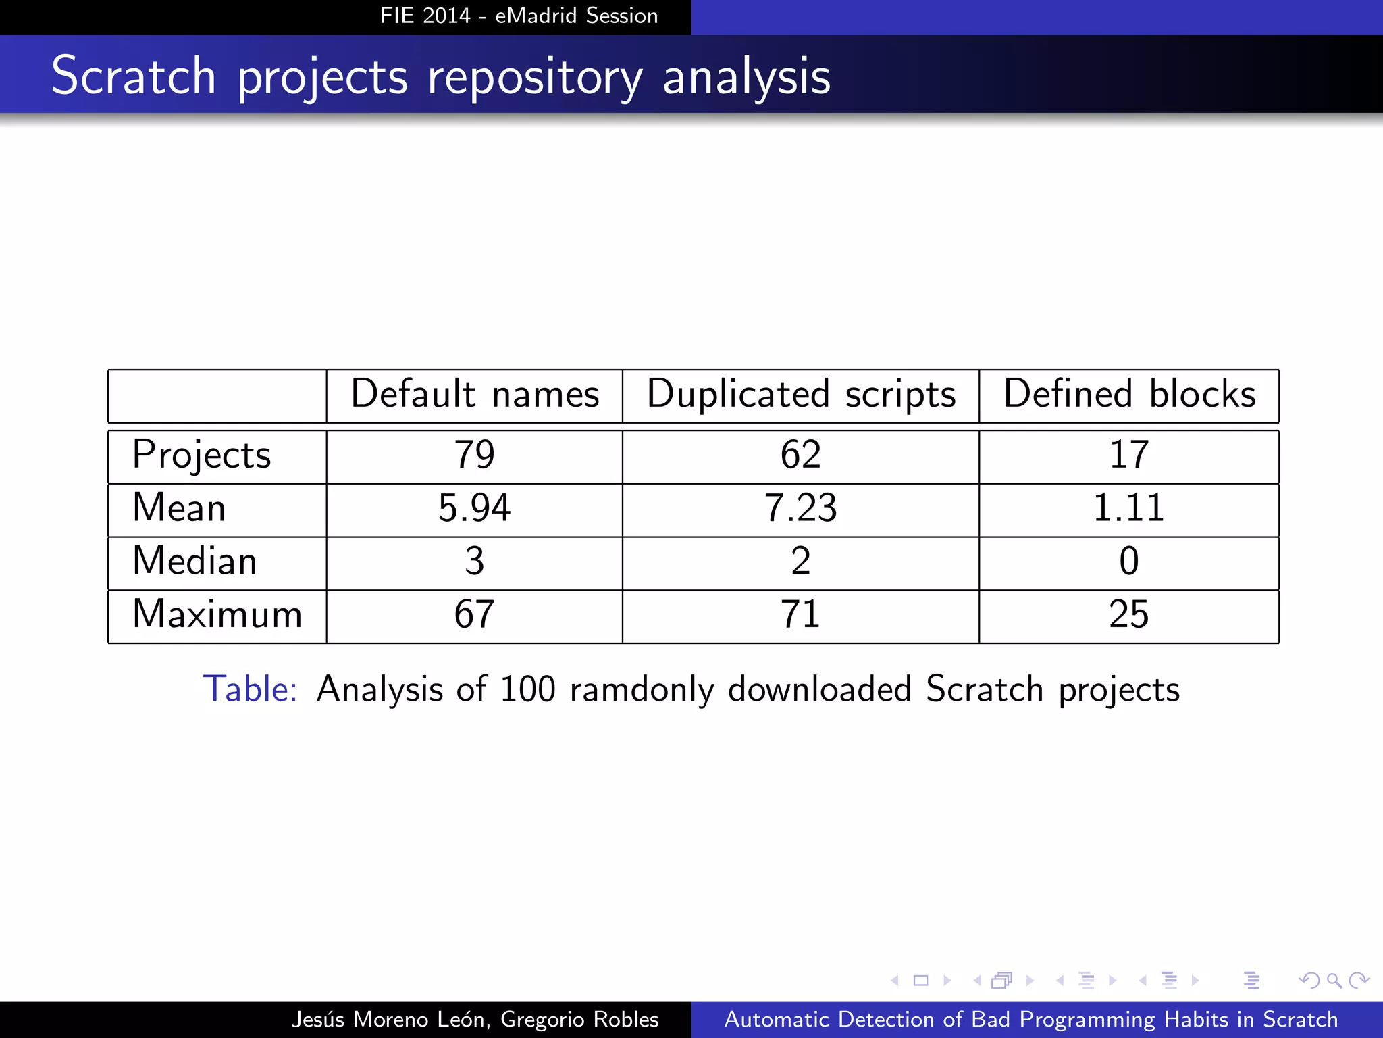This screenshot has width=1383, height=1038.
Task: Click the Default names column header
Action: click(475, 394)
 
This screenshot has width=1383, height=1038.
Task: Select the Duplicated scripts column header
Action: click(801, 394)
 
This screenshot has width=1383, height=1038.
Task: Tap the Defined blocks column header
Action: click(1129, 394)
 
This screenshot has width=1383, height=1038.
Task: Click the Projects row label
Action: click(201, 455)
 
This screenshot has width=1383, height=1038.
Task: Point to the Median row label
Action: click(194, 561)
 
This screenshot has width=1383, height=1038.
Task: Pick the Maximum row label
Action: click(217, 614)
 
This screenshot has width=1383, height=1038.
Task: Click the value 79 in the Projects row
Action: click(474, 455)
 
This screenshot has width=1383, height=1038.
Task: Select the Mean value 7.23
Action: click(800, 508)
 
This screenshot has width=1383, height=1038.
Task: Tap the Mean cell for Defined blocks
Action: click(1128, 508)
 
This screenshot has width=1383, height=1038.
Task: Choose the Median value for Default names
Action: click(474, 561)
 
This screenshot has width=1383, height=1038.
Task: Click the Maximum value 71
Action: click(800, 614)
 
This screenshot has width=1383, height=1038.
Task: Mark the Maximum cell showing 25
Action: click(1128, 614)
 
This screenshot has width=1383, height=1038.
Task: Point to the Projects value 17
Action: click(1128, 455)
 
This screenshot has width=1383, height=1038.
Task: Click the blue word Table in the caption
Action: click(250, 689)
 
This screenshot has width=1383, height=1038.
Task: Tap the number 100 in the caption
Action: click(527, 689)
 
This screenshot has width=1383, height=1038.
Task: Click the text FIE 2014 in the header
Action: click(425, 16)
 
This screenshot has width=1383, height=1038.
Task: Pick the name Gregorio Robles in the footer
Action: click(579, 1019)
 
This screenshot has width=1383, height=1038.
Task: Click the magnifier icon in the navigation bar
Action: click(1334, 981)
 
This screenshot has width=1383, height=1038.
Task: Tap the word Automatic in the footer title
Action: click(775, 1019)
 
